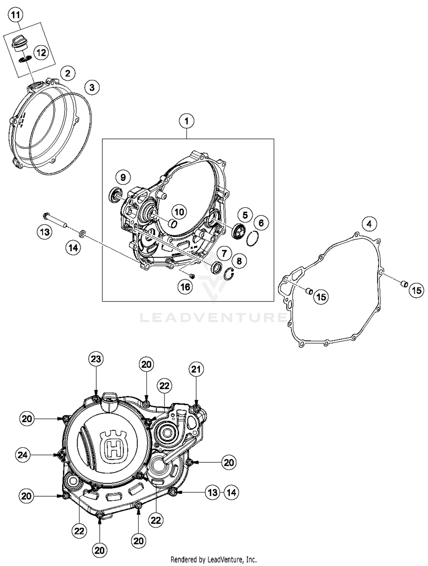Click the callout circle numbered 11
tap(15, 15)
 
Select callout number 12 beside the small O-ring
tap(41, 53)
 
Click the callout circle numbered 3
tap(92, 87)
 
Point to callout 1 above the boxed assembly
tap(187, 121)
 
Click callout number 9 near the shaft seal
tap(123, 178)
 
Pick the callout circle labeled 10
tap(179, 212)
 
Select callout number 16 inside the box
tap(185, 287)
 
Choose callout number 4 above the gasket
tap(369, 224)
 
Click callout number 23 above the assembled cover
tap(96, 359)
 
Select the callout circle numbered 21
tap(196, 369)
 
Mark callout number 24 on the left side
tap(23, 455)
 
